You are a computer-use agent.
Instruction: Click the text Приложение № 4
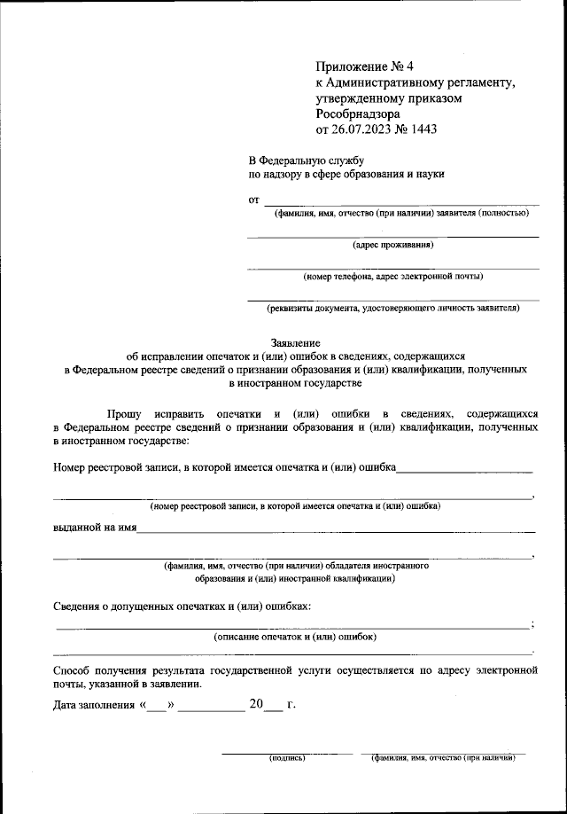click(x=359, y=67)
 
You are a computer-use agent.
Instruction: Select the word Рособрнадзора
click(x=357, y=113)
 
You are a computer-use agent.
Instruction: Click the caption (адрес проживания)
click(x=392, y=245)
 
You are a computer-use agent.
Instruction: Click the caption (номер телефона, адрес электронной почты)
click(x=392, y=277)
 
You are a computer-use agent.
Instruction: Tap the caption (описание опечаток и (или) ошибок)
click(x=295, y=637)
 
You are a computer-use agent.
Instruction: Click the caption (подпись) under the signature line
click(x=286, y=759)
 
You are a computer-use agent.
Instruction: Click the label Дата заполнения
click(x=92, y=706)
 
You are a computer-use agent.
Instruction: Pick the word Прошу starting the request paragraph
click(x=126, y=413)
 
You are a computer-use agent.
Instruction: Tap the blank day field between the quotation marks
click(x=156, y=707)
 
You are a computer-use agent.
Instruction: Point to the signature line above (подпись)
click(x=286, y=753)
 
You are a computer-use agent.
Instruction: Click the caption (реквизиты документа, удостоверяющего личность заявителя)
click(x=392, y=309)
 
